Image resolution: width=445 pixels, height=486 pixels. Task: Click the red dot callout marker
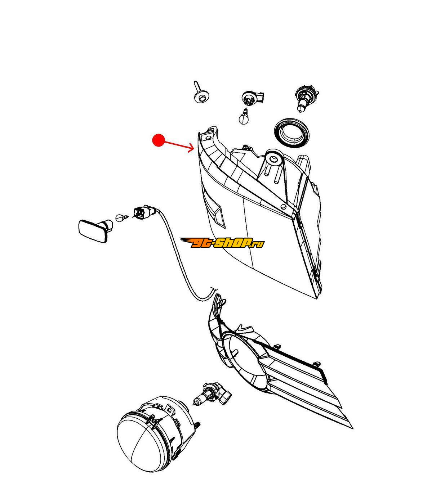pos(158,140)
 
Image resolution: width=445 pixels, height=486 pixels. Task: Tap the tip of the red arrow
pos(194,149)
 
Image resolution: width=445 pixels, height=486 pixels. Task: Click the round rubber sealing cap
pos(292,132)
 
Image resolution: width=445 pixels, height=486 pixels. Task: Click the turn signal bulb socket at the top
pos(253,97)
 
